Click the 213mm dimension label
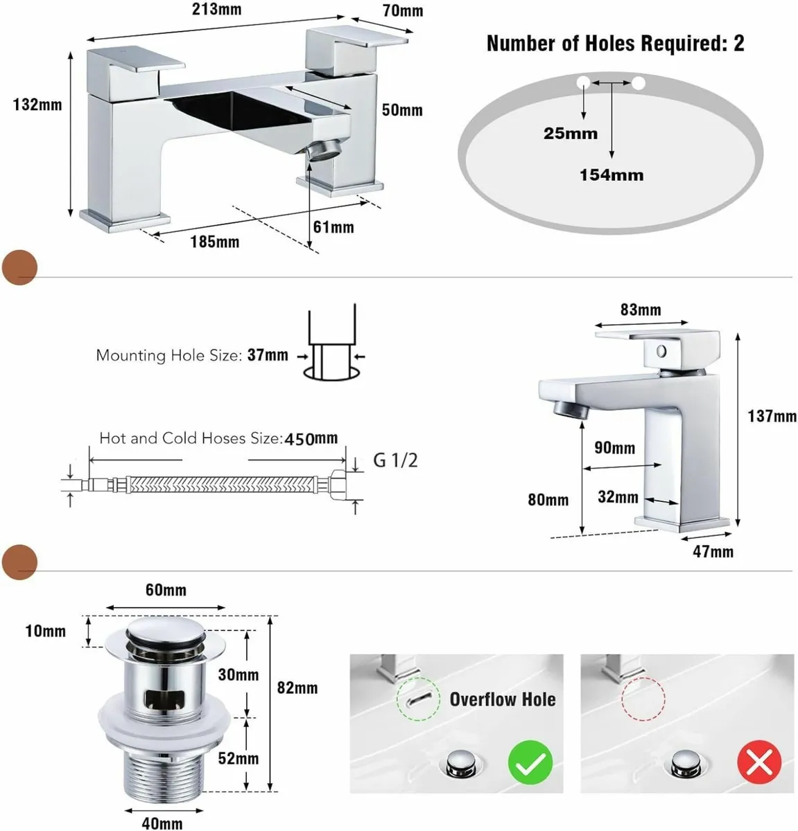pyautogui.click(x=217, y=9)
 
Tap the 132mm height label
pyautogui.click(x=37, y=105)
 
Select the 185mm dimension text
pyautogui.click(x=214, y=242)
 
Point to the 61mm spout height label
pyautogui.click(x=333, y=227)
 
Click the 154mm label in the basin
pyautogui.click(x=611, y=175)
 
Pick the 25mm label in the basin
pyautogui.click(x=571, y=134)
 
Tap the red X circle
pyautogui.click(x=760, y=762)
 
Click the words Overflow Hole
pyautogui.click(x=503, y=699)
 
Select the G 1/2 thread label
pyautogui.click(x=395, y=461)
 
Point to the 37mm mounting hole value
pyautogui.click(x=268, y=355)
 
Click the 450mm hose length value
pyautogui.click(x=311, y=438)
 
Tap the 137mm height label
pyautogui.click(x=772, y=416)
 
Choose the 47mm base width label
pyautogui.click(x=713, y=552)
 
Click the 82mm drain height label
pyautogui.click(x=297, y=688)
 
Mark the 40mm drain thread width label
pyautogui.click(x=162, y=824)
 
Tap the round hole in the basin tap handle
pyautogui.click(x=661, y=352)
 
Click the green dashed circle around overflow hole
pyautogui.click(x=417, y=699)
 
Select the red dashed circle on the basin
pyautogui.click(x=643, y=699)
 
